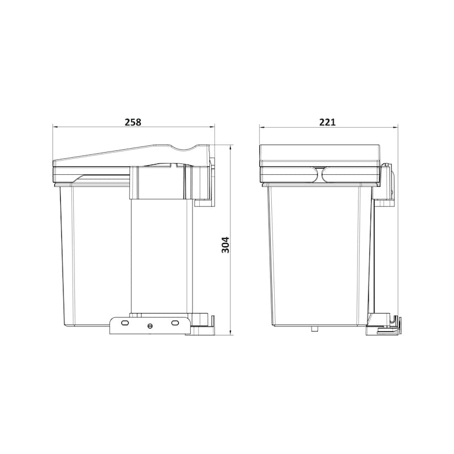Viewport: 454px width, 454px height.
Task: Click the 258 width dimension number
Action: [x=132, y=121]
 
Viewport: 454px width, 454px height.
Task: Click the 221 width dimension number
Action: [x=327, y=121]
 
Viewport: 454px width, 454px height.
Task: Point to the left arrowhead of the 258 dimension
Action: [x=55, y=127]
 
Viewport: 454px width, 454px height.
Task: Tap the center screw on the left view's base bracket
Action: [x=150, y=325]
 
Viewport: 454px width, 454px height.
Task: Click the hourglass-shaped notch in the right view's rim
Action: [x=321, y=174]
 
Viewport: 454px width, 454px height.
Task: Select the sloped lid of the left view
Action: [x=131, y=156]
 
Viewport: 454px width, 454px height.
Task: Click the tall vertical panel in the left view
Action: [x=159, y=255]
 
